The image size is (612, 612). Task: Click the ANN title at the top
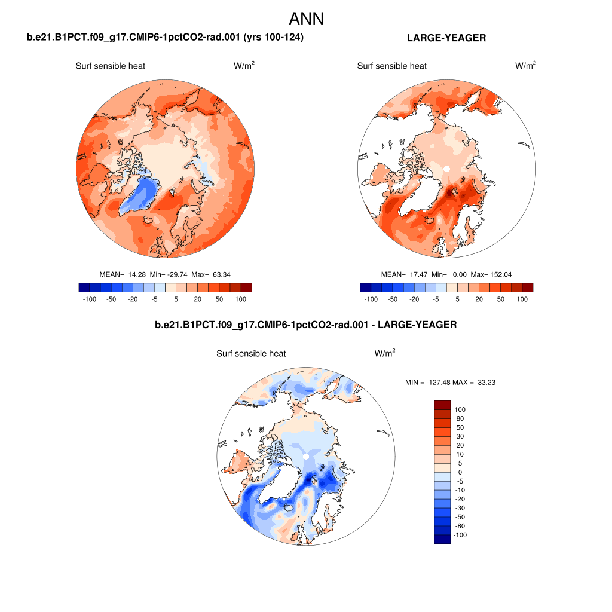click(x=306, y=19)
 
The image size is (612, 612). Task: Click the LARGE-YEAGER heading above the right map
click(x=446, y=38)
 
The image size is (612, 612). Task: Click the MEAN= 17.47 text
click(x=404, y=274)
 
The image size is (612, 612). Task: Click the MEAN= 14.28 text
click(x=123, y=274)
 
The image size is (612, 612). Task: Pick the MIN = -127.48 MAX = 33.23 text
click(x=450, y=382)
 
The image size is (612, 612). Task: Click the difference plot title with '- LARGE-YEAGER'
click(x=306, y=325)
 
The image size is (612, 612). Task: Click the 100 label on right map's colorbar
click(x=522, y=298)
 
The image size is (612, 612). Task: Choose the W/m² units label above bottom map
click(x=385, y=353)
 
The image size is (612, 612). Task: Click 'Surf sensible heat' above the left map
click(x=111, y=66)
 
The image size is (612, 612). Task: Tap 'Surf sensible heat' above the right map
click(x=392, y=66)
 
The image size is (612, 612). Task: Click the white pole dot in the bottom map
click(x=306, y=456)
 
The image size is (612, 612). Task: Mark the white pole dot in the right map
click(x=446, y=169)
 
